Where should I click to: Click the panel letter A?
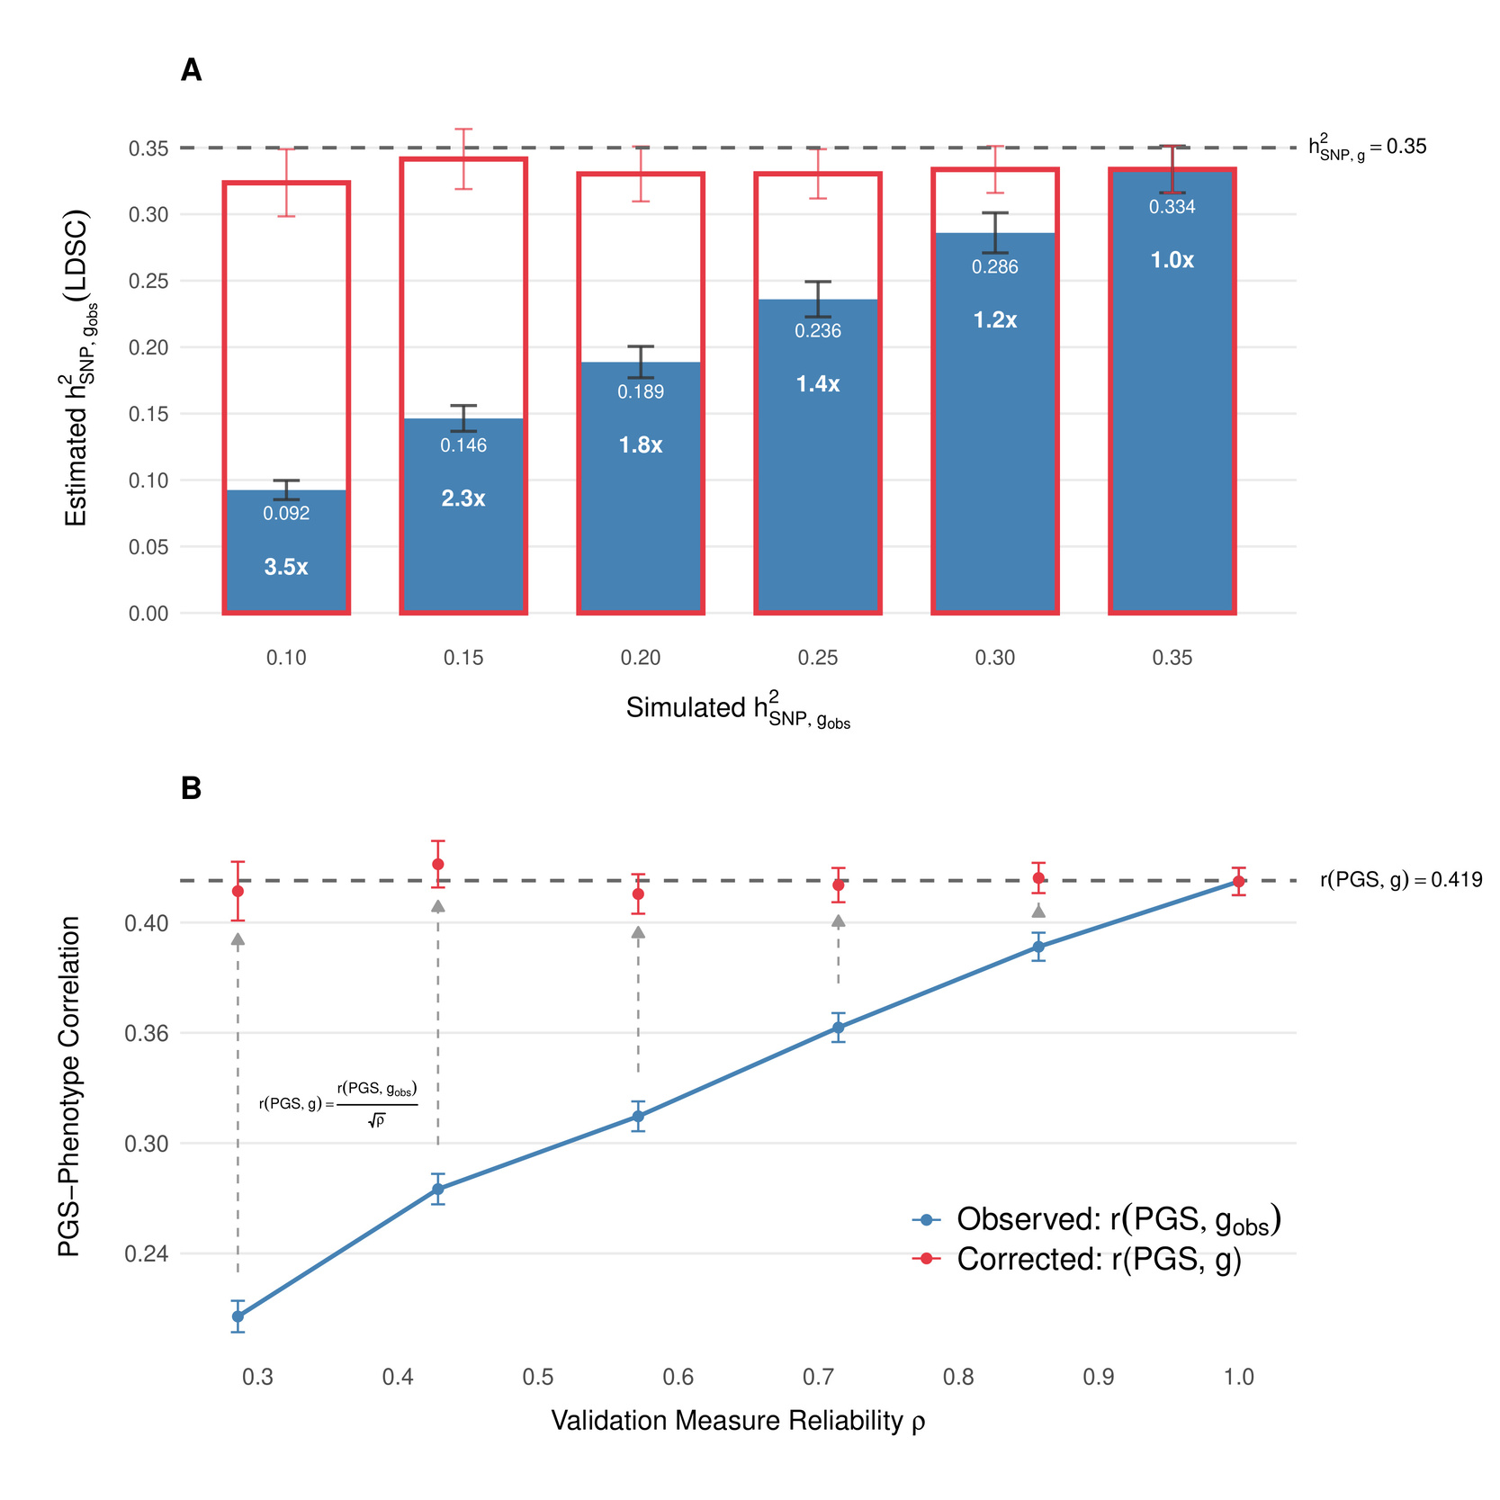(191, 70)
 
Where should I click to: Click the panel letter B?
(191, 788)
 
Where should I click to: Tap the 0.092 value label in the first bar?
(286, 513)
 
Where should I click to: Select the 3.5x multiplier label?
(286, 567)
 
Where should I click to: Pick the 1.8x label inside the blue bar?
(641, 445)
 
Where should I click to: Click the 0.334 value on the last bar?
(1172, 207)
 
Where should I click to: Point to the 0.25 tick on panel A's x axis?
(817, 658)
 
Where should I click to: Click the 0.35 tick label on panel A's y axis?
(148, 148)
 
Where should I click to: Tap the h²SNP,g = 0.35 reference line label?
(1367, 148)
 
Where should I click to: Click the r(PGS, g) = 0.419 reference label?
(1400, 880)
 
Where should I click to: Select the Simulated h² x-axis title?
(738, 710)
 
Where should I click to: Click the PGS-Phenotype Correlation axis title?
(69, 1086)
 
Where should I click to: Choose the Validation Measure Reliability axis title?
(738, 1420)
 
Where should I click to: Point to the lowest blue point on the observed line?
(238, 1316)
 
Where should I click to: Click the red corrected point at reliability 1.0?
(1238, 881)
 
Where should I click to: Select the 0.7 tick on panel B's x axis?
(818, 1377)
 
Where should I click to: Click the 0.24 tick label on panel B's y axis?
(147, 1253)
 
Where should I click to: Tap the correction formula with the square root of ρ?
(338, 1103)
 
